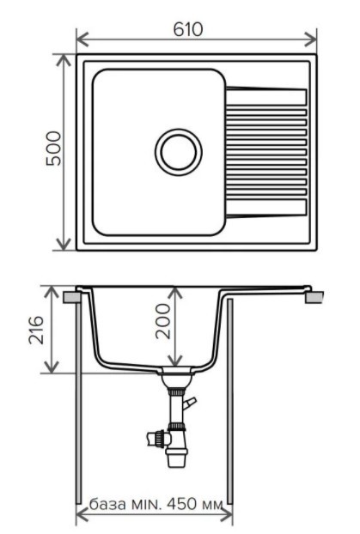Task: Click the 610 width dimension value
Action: point(187,29)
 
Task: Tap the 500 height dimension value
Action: point(53,150)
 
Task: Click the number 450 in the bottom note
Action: point(180,501)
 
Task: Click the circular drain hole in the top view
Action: point(179,151)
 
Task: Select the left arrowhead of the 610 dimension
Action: point(81,39)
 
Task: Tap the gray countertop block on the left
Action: point(72,297)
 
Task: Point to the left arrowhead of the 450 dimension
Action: point(82,515)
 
